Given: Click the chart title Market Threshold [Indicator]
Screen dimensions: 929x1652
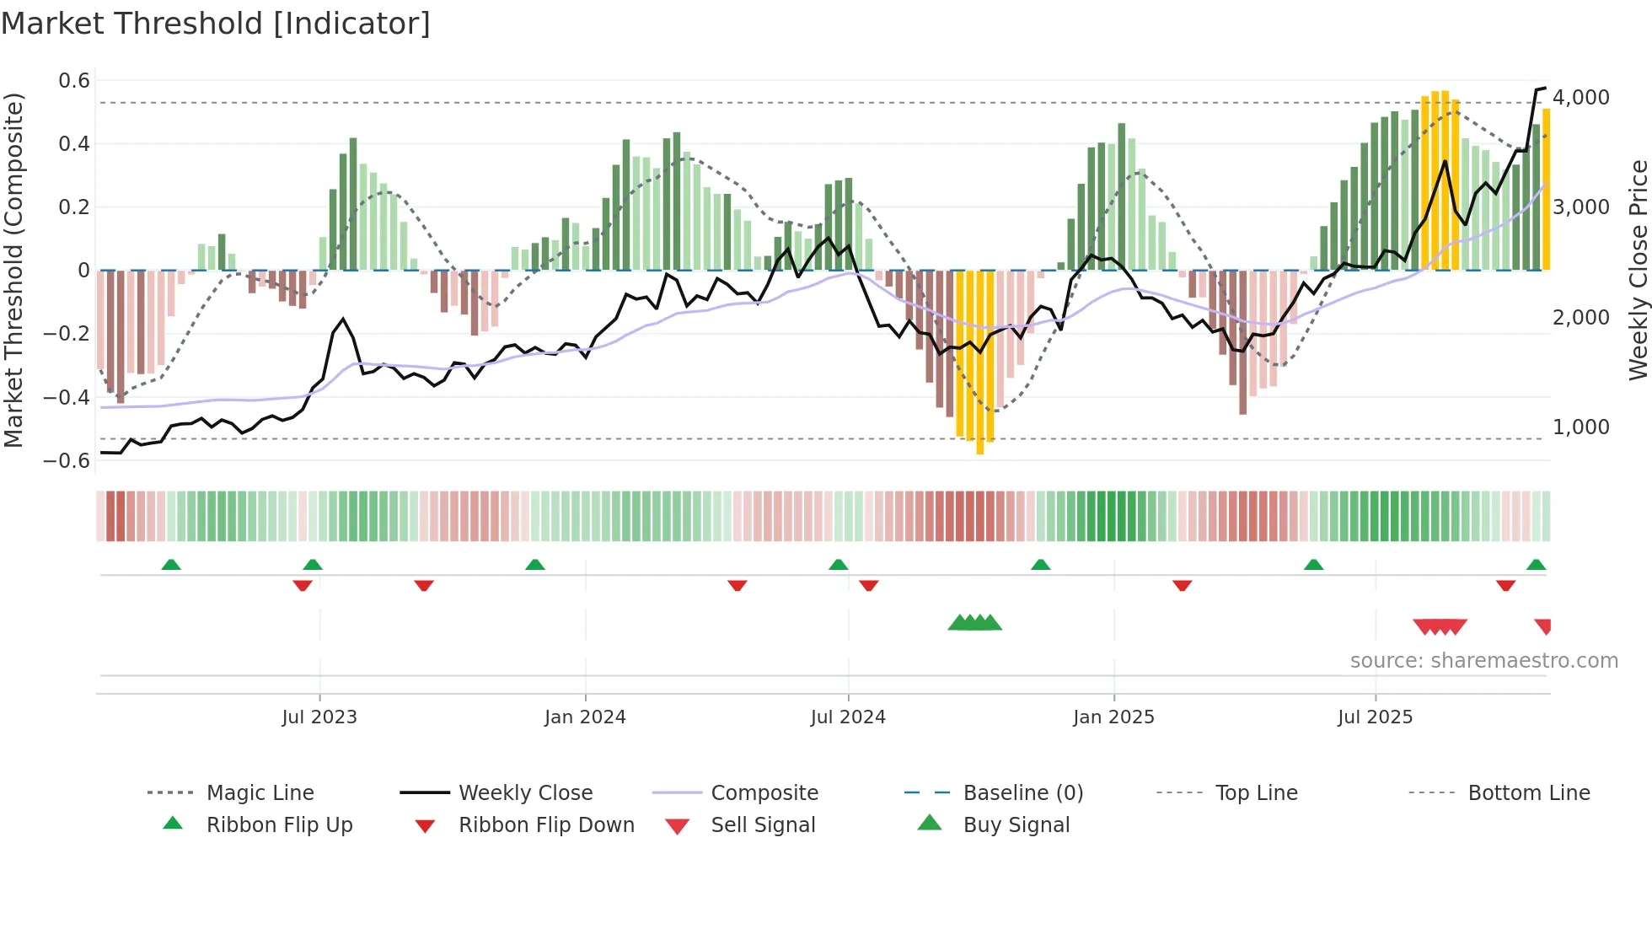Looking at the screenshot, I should (x=216, y=24).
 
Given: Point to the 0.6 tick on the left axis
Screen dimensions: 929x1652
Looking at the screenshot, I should (x=74, y=81).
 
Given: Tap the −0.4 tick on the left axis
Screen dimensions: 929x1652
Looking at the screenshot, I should (x=67, y=397).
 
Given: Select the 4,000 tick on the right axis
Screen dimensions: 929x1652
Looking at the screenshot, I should (x=1581, y=98).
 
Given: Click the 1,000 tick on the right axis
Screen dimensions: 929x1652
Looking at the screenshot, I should (x=1581, y=427).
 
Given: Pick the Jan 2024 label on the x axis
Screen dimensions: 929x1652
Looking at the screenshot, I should (x=585, y=717).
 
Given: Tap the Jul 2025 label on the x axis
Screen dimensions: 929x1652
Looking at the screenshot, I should (x=1375, y=717).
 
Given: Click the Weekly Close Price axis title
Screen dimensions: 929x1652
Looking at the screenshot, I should (x=1638, y=270).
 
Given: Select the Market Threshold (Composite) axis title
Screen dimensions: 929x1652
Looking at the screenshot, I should (x=13, y=270).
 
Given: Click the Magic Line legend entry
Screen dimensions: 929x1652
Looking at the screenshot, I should (x=260, y=793).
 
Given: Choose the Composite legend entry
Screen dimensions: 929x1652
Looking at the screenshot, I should (x=764, y=793).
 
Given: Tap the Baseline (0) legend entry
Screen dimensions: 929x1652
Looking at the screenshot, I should (x=1022, y=793).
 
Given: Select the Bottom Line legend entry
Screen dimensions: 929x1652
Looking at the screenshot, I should (x=1528, y=793).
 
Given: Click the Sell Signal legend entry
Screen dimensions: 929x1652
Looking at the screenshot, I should (x=763, y=825).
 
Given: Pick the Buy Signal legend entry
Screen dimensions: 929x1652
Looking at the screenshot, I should (x=1016, y=825).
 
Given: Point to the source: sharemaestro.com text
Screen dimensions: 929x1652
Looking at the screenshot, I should (x=1483, y=661).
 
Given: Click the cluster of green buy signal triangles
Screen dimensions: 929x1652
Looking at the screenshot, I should (x=974, y=623).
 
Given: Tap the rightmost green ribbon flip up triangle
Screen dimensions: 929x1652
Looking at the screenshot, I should (x=1536, y=565).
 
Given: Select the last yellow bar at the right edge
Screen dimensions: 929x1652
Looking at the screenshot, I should (x=1546, y=190).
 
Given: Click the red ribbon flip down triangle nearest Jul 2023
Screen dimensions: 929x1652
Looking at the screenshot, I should (x=303, y=585).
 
